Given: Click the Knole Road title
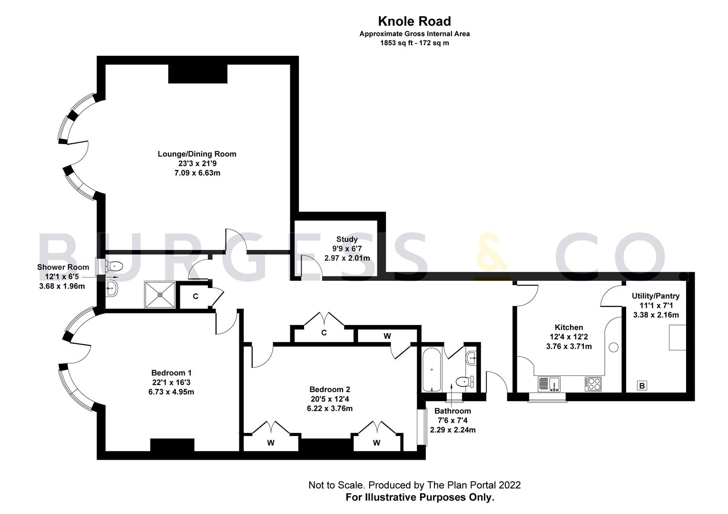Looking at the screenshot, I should pos(414,21).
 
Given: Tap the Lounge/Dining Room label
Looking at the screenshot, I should pos(197,154).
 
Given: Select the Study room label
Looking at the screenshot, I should pos(347,239).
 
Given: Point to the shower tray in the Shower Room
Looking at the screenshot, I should pos(160,295).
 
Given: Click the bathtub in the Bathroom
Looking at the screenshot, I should pos(432,369).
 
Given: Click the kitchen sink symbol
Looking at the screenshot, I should pos(549,383).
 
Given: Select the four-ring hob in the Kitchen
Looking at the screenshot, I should pos(593,384).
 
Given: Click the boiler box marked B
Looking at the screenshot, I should pos(642,386).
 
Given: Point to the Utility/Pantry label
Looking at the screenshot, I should pos(656,296).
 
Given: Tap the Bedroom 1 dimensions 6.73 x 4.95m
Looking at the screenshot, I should pos(171,392).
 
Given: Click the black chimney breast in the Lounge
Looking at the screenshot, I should pos(197,73).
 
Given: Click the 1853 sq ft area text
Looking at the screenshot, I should pos(414,43).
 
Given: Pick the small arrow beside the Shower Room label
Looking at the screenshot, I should pos(115,277).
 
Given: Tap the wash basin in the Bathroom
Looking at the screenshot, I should pos(471,357).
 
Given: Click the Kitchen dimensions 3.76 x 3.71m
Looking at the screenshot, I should pos(569,346).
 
